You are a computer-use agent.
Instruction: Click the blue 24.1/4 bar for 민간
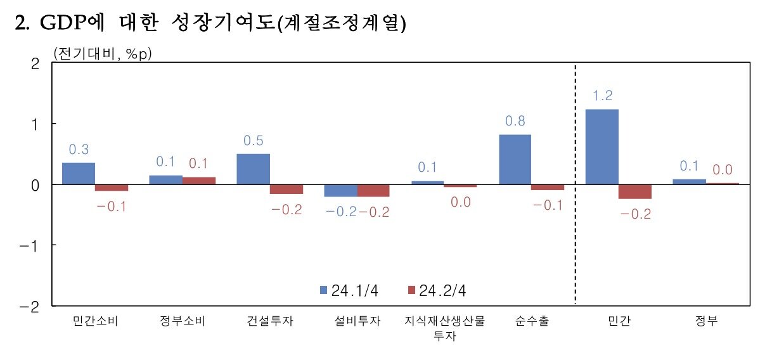coord(602,147)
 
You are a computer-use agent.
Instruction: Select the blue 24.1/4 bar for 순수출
coord(515,159)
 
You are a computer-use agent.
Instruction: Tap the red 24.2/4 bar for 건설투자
coord(286,189)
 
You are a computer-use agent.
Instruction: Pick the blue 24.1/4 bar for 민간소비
coord(79,174)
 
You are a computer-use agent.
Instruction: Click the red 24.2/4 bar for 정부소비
coord(199,181)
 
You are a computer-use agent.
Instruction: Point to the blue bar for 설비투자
coord(340,190)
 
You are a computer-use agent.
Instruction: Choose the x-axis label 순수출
coord(532,321)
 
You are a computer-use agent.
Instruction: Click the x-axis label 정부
coord(705,321)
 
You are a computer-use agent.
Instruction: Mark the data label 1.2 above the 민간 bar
coord(602,96)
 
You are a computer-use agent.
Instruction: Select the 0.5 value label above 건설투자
coord(253,141)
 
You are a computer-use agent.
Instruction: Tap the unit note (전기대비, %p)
coord(103,53)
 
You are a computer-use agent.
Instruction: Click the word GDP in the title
coord(61,23)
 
